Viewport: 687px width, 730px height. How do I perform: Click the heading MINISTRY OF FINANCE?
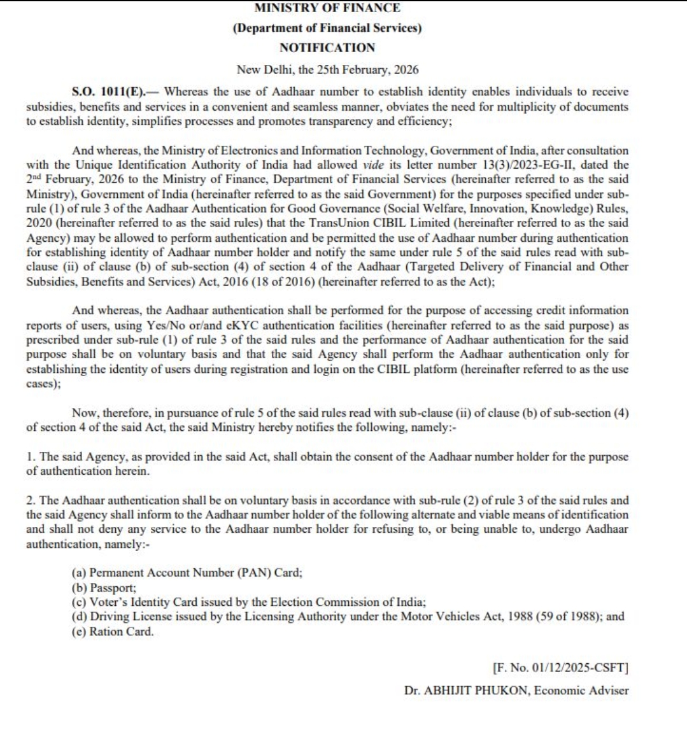click(x=327, y=8)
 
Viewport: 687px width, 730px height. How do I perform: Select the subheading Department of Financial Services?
click(x=327, y=29)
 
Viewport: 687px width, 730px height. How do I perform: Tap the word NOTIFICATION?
click(x=327, y=48)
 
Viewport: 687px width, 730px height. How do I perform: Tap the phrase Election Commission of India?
click(x=360, y=602)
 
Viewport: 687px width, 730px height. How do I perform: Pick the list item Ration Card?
click(x=121, y=632)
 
